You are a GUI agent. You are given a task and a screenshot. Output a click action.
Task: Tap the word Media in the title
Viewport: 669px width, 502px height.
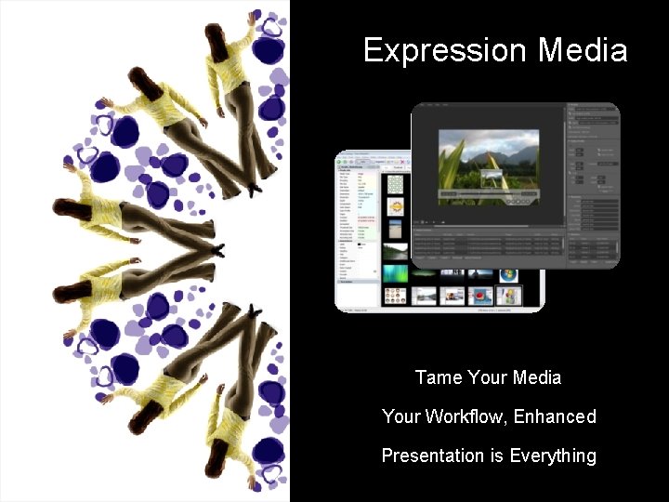point(584,50)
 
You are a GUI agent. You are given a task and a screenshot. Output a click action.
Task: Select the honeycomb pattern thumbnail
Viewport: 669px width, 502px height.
point(395,186)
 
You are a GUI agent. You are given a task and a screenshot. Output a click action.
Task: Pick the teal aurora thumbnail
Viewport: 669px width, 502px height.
point(395,273)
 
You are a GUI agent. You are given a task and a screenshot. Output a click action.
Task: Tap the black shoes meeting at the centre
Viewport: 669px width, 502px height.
point(216,250)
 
